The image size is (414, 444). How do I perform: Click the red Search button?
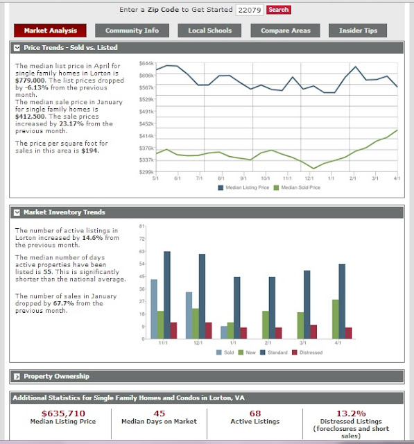pos(278,10)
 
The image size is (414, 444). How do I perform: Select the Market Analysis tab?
pos(50,31)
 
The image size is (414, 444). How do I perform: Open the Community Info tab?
pos(132,31)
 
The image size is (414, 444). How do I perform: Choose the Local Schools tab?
pos(209,31)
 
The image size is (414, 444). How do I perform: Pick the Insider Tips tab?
pos(358,31)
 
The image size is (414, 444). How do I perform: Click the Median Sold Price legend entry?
pos(300,187)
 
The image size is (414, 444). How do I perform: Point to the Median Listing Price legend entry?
pos(244,187)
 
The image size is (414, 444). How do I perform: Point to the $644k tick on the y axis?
pos(146,64)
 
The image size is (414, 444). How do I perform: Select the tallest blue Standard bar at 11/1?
pos(166,295)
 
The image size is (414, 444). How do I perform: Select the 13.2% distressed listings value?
pos(351,413)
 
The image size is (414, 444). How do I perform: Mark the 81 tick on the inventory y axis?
pos(141,227)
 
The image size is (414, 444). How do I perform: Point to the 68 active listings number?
pos(255,413)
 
